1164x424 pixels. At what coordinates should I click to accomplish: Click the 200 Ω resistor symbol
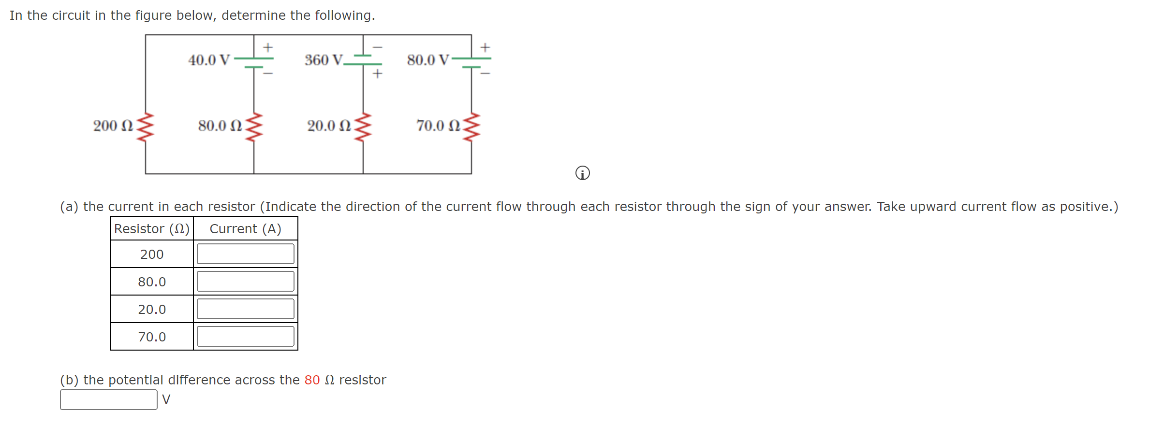pyautogui.click(x=145, y=127)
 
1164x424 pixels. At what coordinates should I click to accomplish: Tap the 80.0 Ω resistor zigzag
pyautogui.click(x=254, y=127)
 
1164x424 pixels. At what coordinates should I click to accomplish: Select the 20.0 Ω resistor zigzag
pyautogui.click(x=363, y=127)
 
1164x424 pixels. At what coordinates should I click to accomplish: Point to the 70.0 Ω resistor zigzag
pyautogui.click(x=471, y=127)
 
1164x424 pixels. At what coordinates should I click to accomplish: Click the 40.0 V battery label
pyautogui.click(x=209, y=60)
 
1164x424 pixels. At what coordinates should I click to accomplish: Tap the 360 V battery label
pyautogui.click(x=324, y=60)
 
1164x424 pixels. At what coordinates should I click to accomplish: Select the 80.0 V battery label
pyautogui.click(x=428, y=60)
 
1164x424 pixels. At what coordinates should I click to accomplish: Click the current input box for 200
pyautogui.click(x=245, y=254)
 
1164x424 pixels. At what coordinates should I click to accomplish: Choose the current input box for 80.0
pyautogui.click(x=245, y=282)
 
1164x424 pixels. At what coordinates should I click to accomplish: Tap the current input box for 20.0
pyautogui.click(x=245, y=309)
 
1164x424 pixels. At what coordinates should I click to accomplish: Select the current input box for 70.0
pyautogui.click(x=245, y=337)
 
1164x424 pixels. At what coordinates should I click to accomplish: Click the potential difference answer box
pyautogui.click(x=109, y=400)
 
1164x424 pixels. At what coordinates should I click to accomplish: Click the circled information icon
pyautogui.click(x=583, y=173)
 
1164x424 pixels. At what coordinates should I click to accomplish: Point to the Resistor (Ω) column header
pyautogui.click(x=152, y=229)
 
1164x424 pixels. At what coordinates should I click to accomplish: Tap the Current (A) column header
pyautogui.click(x=245, y=229)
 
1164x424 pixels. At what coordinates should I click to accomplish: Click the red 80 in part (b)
pyautogui.click(x=312, y=380)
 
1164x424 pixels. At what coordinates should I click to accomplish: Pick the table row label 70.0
pyautogui.click(x=152, y=337)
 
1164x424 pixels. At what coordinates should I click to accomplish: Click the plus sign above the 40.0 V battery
pyautogui.click(x=268, y=47)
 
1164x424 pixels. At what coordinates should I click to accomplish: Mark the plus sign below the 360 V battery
pyautogui.click(x=377, y=73)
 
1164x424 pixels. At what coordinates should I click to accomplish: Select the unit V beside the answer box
pyautogui.click(x=166, y=400)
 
